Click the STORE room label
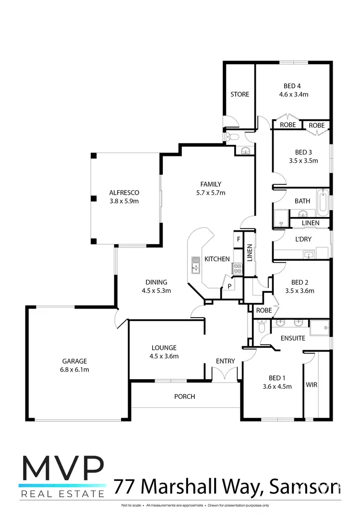pyautogui.click(x=240, y=95)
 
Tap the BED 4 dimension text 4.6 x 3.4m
pyautogui.click(x=293, y=95)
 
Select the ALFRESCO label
pyautogui.click(x=124, y=193)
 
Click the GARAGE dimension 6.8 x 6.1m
pyautogui.click(x=74, y=370)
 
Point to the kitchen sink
pyautogui.click(x=195, y=264)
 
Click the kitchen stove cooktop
pyautogui.click(x=237, y=269)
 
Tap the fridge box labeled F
pyautogui.click(x=238, y=239)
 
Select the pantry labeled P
pyautogui.click(x=229, y=287)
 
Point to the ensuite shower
pyautogui.click(x=319, y=328)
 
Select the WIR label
pyautogui.click(x=312, y=385)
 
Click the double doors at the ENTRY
pyautogui.click(x=225, y=373)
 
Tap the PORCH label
pyautogui.click(x=184, y=396)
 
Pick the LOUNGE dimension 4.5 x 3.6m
pyautogui.click(x=164, y=356)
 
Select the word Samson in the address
pyautogui.click(x=310, y=487)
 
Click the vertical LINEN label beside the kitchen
pyautogui.click(x=249, y=253)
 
